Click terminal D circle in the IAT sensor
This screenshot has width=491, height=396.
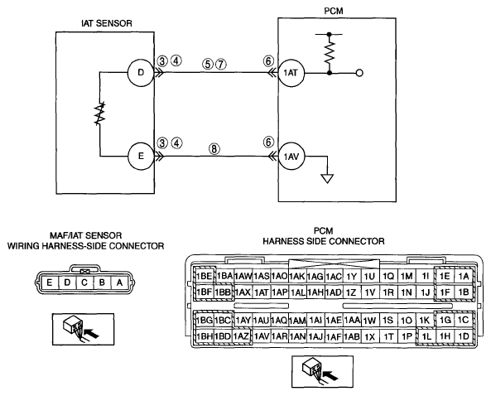click(141, 73)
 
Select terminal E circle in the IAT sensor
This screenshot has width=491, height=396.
click(141, 156)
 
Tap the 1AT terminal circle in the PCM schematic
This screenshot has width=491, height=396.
click(291, 73)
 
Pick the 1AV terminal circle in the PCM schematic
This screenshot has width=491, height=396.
click(291, 156)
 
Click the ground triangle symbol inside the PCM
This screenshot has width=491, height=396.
click(328, 179)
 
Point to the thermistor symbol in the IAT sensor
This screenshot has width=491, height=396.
click(100, 113)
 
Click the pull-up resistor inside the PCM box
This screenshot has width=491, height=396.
click(329, 53)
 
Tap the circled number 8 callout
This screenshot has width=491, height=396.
click(214, 149)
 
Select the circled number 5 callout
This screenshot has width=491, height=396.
click(208, 65)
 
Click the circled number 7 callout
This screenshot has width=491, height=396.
click(220, 65)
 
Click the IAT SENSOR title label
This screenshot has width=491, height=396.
click(107, 23)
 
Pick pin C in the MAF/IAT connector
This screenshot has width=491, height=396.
click(84, 283)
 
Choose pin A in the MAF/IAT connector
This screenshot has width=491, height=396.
click(119, 283)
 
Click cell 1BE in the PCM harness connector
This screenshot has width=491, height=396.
click(205, 276)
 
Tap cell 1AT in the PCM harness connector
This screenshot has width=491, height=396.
click(262, 292)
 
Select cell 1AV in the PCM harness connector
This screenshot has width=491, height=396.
click(262, 336)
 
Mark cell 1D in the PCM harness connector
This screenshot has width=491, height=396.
click(464, 336)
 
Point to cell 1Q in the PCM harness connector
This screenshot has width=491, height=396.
click(388, 276)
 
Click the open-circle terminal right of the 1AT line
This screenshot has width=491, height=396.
click(360, 73)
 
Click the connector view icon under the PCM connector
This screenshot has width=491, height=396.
click(323, 372)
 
